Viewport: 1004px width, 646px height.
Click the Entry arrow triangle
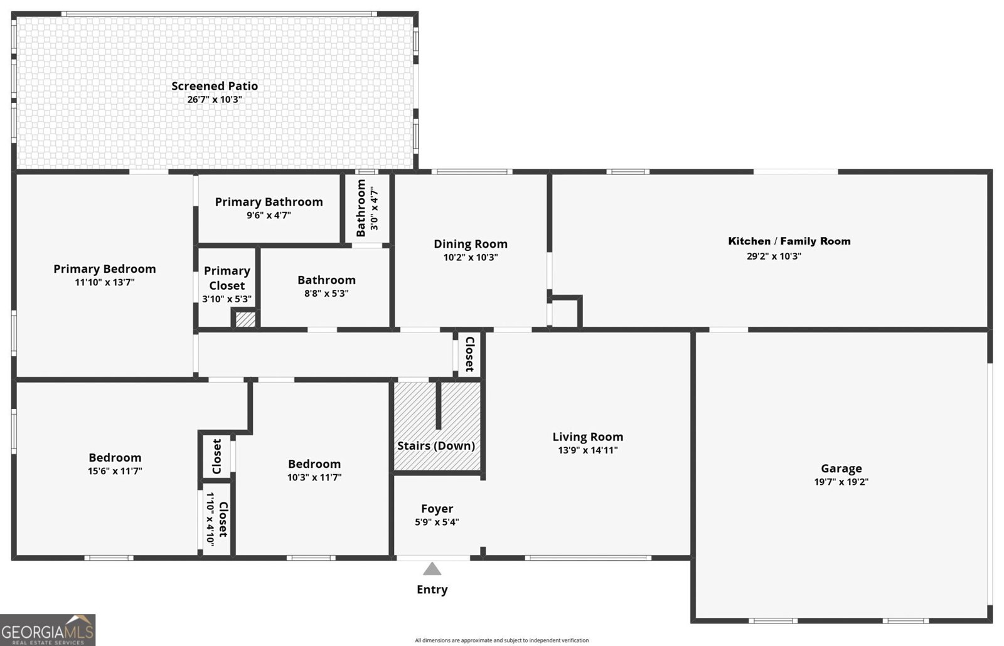coord(432,569)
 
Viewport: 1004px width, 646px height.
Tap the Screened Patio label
coord(215,86)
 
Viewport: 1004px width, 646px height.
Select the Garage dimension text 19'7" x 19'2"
coord(841,482)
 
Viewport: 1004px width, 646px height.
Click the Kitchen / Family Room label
coord(789,241)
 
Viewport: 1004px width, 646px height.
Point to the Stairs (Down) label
coord(435,446)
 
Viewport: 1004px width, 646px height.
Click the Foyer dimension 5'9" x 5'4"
coord(437,522)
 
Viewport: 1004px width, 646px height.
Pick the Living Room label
coord(587,437)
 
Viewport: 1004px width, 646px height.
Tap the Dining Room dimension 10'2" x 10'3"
coord(470,257)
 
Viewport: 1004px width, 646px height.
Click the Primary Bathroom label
coord(269,201)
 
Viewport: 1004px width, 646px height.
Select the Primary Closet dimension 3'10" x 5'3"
coord(227,299)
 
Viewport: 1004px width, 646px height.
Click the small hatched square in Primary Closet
coord(245,319)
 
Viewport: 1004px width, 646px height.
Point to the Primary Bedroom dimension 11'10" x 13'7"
coord(104,282)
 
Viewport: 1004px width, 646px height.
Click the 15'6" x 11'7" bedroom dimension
coord(115,471)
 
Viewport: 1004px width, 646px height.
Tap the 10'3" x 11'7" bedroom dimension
coord(314,477)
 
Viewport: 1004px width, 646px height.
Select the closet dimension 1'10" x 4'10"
coord(210,519)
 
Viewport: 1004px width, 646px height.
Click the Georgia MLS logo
coord(48,629)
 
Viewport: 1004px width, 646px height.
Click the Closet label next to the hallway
coord(469,354)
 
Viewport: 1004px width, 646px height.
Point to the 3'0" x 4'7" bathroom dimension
coord(375,208)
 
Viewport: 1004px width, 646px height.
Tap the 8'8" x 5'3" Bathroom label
coord(326,280)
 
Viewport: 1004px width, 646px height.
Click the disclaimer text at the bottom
coord(501,640)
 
